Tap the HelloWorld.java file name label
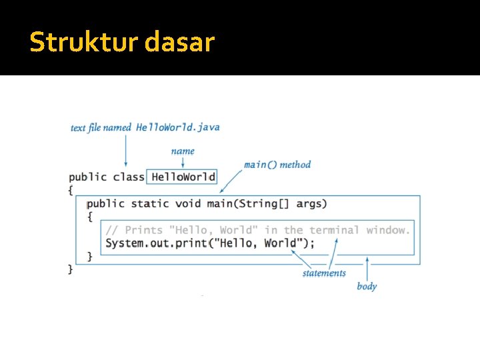click(177, 127)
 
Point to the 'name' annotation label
click(183, 151)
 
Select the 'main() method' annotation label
click(277, 164)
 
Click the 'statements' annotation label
click(324, 273)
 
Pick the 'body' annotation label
click(367, 286)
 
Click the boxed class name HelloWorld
click(183, 177)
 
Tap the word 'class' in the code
click(129, 177)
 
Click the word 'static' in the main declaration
click(151, 203)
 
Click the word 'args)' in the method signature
click(311, 203)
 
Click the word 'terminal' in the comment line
click(334, 230)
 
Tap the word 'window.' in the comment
click(388, 230)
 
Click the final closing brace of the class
click(71, 269)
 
